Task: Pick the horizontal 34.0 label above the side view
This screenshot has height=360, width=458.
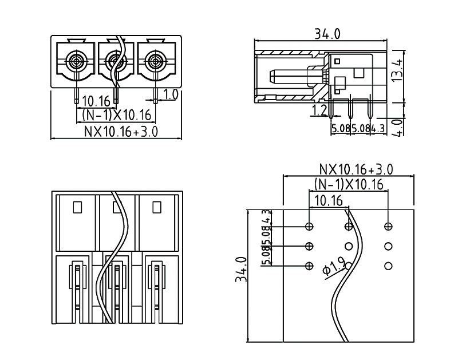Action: pos(327,34)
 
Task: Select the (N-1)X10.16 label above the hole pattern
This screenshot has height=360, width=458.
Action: pos(349,185)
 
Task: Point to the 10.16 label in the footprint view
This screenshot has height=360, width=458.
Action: pos(329,200)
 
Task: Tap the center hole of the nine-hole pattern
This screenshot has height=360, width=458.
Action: pos(349,246)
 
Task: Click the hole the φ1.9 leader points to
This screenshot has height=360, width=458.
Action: pos(310,266)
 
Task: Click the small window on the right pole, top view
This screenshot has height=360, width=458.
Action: pos(156,207)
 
